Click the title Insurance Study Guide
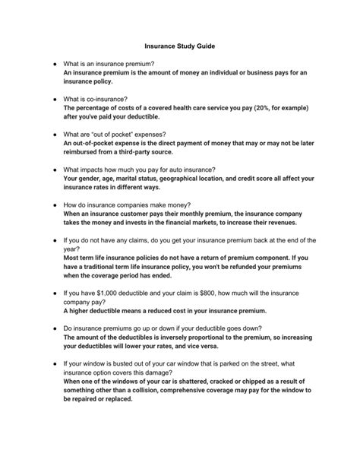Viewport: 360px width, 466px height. point(180,46)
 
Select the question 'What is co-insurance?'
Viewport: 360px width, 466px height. point(96,99)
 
